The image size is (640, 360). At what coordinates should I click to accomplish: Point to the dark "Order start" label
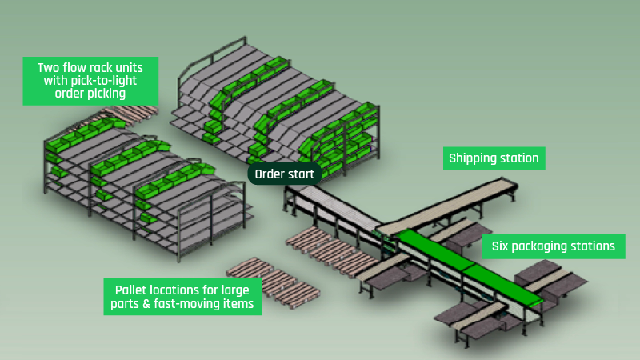tap(285, 174)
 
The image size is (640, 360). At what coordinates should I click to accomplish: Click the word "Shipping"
tap(474, 158)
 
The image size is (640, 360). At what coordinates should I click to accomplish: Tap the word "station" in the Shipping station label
tap(521, 158)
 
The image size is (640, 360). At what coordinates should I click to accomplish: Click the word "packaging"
tap(544, 246)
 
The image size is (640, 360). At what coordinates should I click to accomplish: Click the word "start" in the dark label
tap(304, 174)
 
